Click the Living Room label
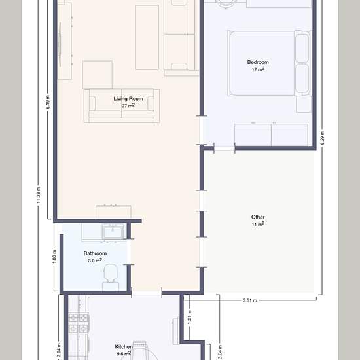tap(128, 99)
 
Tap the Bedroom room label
tap(258, 62)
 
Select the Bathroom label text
tap(95, 253)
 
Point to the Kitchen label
tap(124, 347)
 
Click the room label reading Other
tap(258, 217)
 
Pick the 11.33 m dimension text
tap(39, 195)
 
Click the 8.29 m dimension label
tap(322, 137)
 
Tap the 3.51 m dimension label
tap(250, 300)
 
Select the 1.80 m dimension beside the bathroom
tap(54, 257)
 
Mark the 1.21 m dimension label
tap(190, 317)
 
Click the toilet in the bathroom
tap(111, 277)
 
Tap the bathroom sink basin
tap(113, 232)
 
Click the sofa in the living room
tap(122, 106)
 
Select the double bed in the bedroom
tap(269, 63)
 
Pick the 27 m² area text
tap(128, 106)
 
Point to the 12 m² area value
tap(258, 69)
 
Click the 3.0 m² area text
tap(95, 261)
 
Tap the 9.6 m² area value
tap(124, 353)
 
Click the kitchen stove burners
tap(79, 323)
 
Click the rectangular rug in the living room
tap(147, 37)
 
